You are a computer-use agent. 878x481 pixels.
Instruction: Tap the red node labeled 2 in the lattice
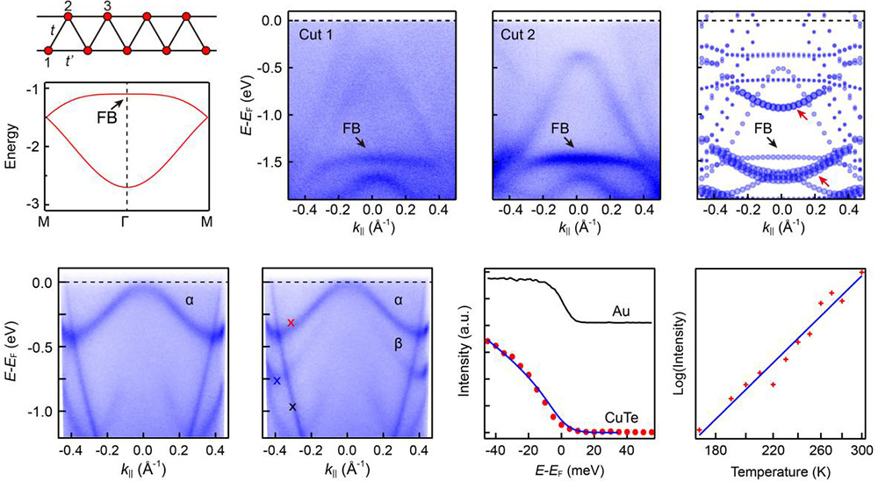click(68, 17)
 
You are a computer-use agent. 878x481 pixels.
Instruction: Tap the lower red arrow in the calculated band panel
click(822, 181)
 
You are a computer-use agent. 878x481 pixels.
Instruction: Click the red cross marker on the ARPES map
click(291, 323)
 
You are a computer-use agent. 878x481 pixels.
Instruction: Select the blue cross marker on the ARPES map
click(277, 381)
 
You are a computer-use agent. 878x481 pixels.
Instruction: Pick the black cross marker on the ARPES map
click(293, 407)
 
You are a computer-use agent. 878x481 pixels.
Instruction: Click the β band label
click(399, 345)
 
